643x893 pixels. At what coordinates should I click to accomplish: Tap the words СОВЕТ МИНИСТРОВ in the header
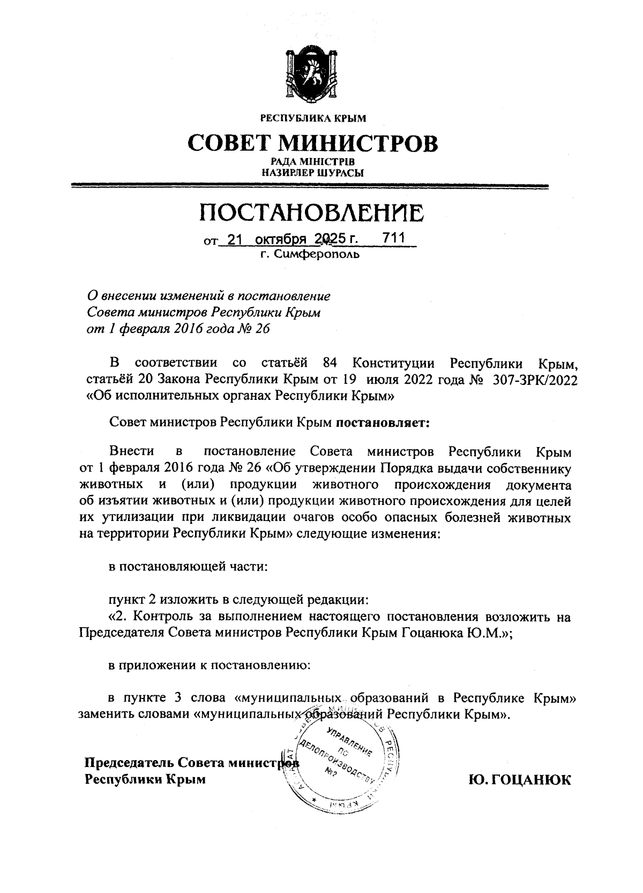[312, 143]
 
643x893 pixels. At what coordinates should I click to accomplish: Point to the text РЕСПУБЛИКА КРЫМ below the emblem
[312, 117]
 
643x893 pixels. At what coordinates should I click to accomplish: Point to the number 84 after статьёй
[330, 363]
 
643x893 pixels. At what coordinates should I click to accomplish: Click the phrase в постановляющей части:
[187, 567]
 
